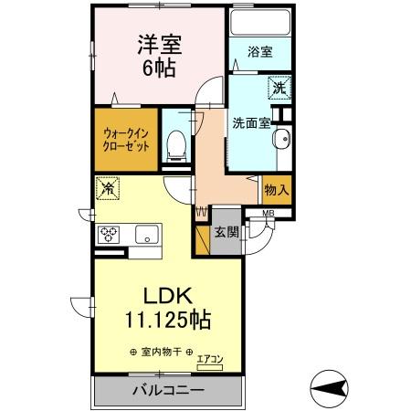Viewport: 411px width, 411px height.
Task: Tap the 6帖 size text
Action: tap(156, 68)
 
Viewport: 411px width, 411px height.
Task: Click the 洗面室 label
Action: tap(249, 123)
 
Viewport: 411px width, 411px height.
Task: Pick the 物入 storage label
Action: tap(277, 190)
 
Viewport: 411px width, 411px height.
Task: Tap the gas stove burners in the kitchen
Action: tap(110, 235)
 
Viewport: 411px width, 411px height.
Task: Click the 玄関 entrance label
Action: tap(227, 232)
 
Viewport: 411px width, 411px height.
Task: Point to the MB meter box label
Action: tap(268, 214)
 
